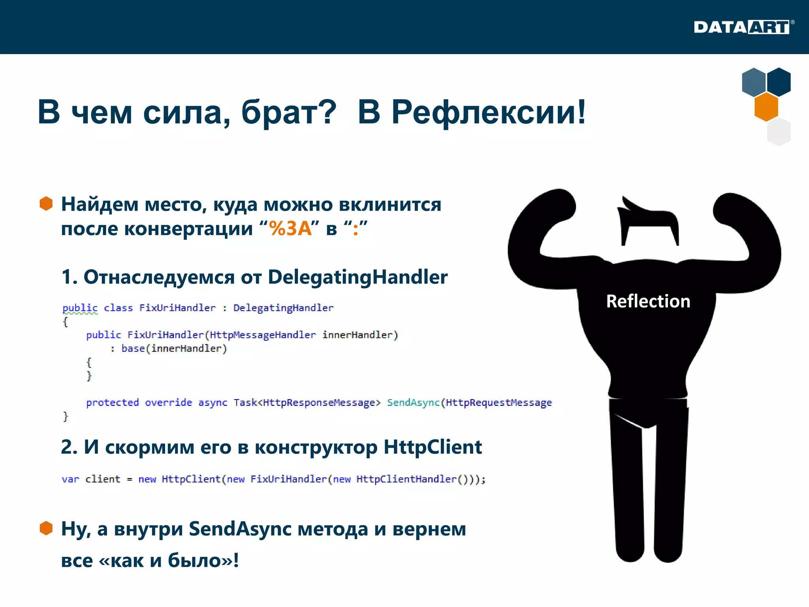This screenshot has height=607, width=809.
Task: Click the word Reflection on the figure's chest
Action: pos(648,301)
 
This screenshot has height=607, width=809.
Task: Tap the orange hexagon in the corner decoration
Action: pos(766,107)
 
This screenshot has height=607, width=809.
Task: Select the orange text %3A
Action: pos(290,228)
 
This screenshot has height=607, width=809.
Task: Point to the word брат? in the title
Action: pos(289,112)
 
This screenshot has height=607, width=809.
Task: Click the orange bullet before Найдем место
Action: pos(46,204)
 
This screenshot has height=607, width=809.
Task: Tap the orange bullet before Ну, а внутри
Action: pos(46,528)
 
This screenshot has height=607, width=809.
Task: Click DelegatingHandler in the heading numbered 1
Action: pos(357,277)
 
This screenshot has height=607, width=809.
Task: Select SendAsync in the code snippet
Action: pos(413,402)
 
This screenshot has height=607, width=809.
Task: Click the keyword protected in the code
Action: pos(113,402)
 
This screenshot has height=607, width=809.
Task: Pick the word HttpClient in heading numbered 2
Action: pos(433,447)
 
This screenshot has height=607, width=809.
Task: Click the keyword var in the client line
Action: pos(70,479)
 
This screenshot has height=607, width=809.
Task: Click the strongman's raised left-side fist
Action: pos(557,205)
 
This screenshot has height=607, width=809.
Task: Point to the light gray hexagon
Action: pos(779,132)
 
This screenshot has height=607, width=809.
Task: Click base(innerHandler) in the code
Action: pos(174,349)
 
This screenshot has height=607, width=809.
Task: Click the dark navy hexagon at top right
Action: pos(779,82)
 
